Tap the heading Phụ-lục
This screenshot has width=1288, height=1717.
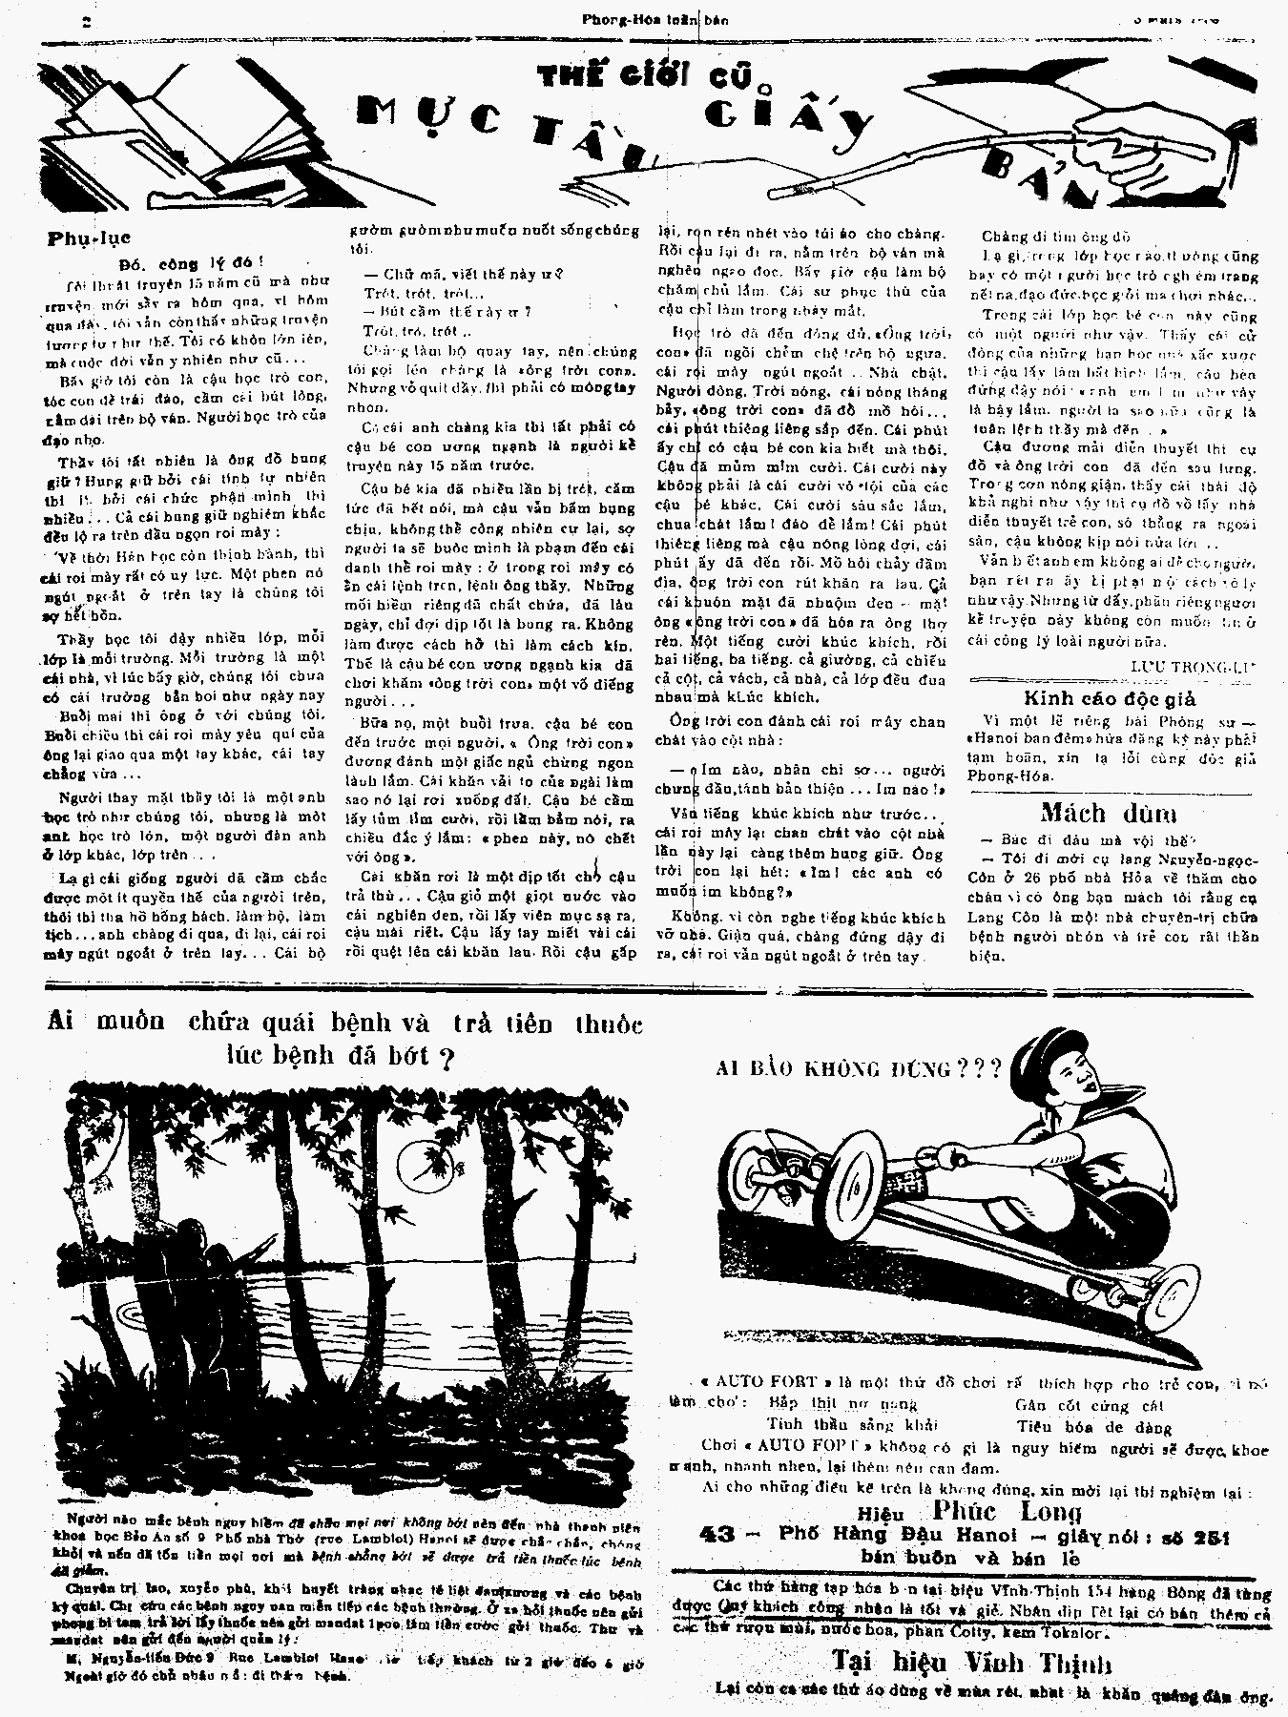point(89,238)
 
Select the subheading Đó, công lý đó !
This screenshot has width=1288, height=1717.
point(191,261)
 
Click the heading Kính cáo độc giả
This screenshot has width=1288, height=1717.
point(1109,698)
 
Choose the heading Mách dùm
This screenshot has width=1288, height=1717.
point(1108,813)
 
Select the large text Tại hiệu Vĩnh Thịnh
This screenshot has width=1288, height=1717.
point(971,1662)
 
